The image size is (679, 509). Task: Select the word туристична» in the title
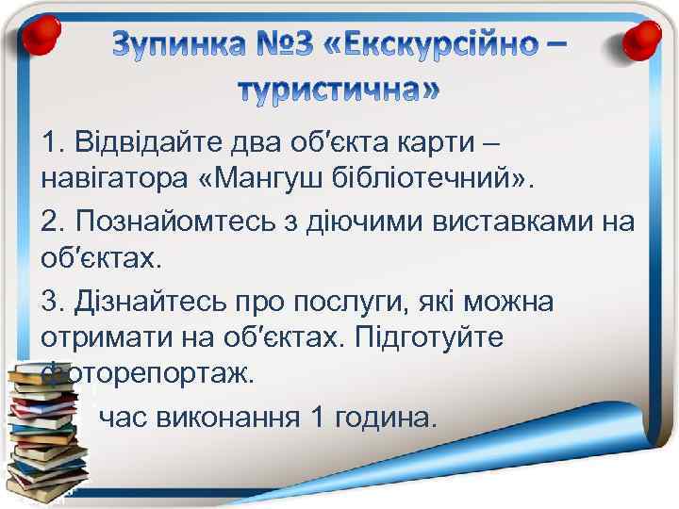coord(338,90)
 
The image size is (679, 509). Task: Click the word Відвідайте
coord(145,142)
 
